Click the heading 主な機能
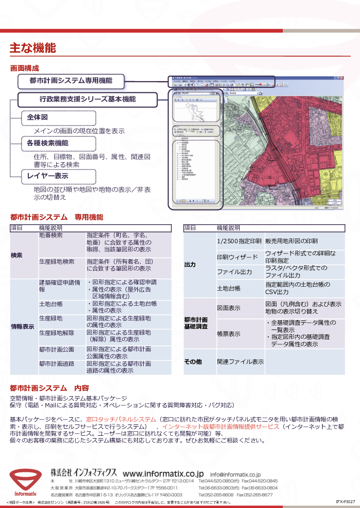33,48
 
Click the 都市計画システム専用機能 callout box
71,81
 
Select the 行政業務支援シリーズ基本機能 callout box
88,100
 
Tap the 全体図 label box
59,118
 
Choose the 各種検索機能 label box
59,144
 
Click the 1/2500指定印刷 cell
239,242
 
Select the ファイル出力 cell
234,272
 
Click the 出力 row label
190,265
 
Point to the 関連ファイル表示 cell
240,362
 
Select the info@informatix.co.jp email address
235,474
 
